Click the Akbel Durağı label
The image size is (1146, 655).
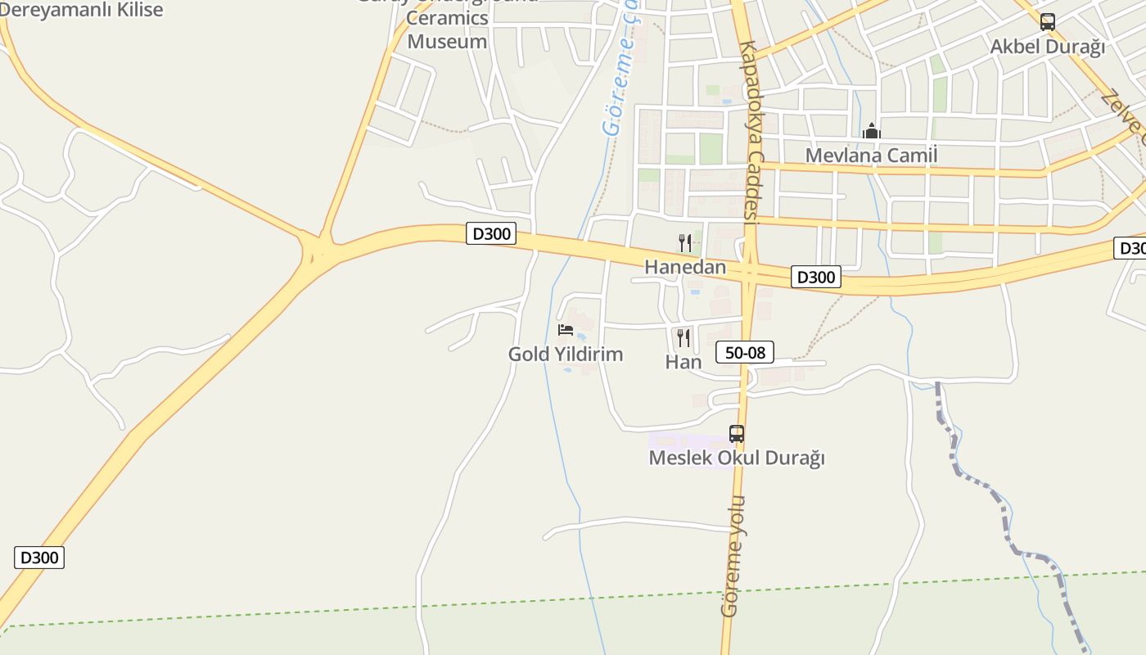point(1047,47)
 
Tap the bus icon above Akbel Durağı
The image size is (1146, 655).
point(1047,22)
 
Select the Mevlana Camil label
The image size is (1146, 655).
point(871,155)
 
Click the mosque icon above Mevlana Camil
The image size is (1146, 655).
point(872,131)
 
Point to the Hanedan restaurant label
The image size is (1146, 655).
point(685,267)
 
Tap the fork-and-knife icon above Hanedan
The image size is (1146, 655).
point(685,242)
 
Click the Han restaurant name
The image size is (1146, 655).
point(684,362)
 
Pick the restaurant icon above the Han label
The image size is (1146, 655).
point(684,337)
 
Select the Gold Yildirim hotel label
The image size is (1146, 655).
point(566,355)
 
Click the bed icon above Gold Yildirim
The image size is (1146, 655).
point(566,330)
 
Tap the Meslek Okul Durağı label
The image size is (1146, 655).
point(737,458)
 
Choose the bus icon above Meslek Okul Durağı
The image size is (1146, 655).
point(737,434)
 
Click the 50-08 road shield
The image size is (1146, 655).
point(745,353)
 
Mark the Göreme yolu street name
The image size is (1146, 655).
point(732,557)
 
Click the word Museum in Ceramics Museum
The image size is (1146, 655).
point(447,42)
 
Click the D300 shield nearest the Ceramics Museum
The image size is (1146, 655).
point(492,234)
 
